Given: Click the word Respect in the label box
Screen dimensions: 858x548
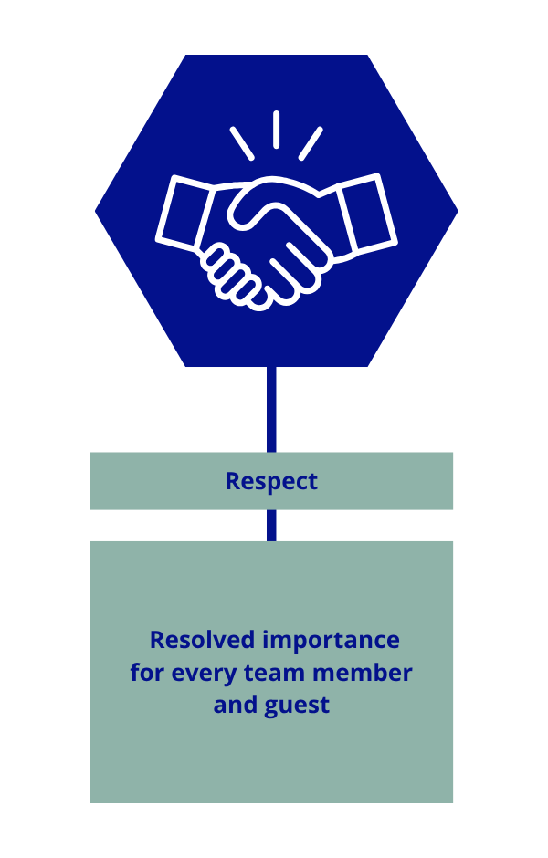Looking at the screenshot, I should coord(271,481).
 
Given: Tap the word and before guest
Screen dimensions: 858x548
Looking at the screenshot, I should coord(234,705).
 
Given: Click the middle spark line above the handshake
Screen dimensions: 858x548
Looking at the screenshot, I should coord(275,130).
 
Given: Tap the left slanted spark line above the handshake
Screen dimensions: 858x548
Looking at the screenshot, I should coord(241,143).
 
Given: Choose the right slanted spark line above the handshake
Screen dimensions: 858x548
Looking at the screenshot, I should coord(311,143).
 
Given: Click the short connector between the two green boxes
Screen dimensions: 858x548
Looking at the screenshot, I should coord(271,525).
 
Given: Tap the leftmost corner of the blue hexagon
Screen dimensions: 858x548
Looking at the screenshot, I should coord(98,211).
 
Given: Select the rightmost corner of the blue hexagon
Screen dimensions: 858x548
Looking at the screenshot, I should coord(456,211).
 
